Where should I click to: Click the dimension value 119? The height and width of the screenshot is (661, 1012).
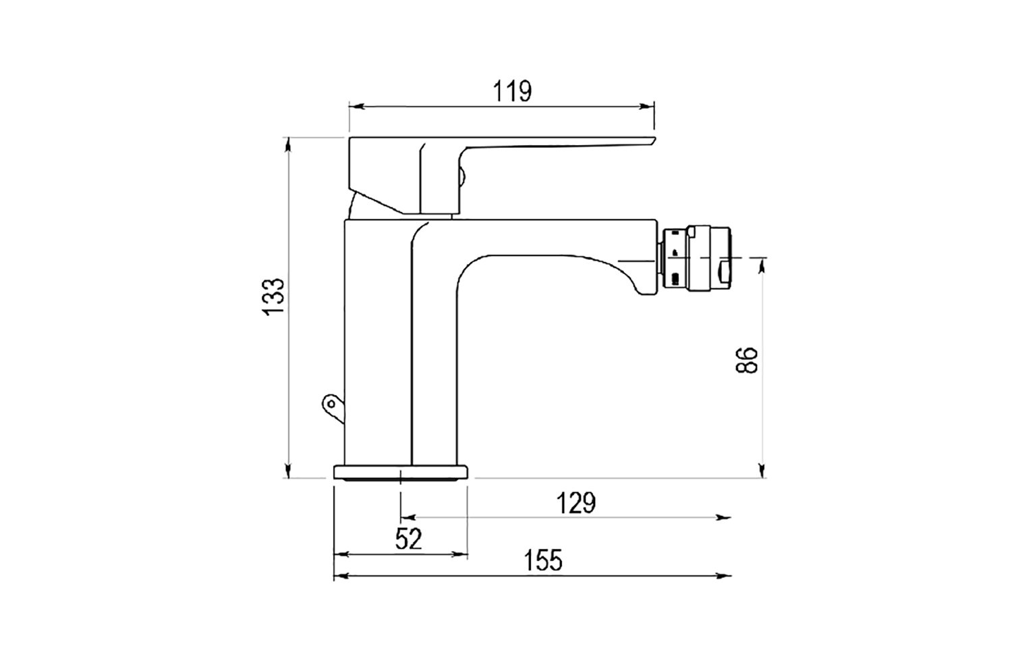click(512, 91)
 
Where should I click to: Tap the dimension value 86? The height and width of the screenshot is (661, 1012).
click(748, 360)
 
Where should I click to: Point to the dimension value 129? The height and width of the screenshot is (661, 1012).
click(575, 503)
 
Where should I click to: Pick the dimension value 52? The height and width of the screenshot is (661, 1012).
click(408, 539)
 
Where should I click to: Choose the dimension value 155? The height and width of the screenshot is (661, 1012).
click(543, 560)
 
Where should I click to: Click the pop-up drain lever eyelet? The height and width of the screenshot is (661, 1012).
click(331, 404)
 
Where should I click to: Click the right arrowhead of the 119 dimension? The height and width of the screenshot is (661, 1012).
click(649, 106)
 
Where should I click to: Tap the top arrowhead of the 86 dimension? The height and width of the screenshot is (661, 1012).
click(762, 264)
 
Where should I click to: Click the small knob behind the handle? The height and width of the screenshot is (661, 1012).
click(462, 177)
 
